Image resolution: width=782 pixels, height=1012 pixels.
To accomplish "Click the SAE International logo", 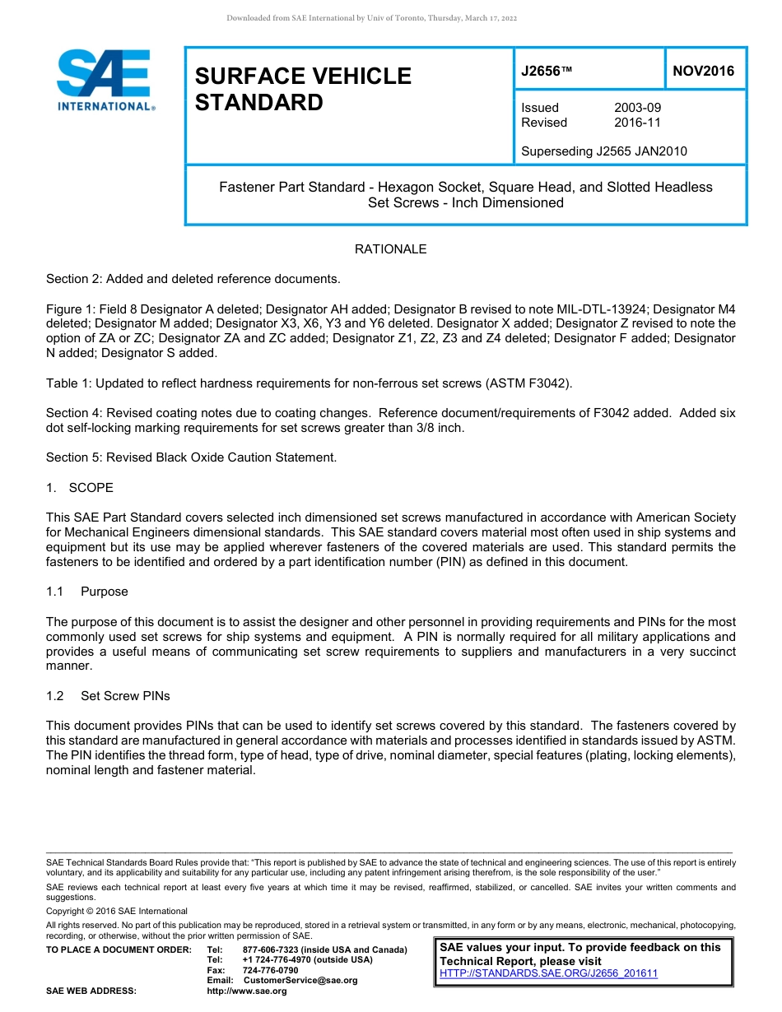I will pyautogui.click(x=105, y=80).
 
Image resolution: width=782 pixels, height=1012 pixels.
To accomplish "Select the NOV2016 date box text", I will pyautogui.click(x=703, y=72).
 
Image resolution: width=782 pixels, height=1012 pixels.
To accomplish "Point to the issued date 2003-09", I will pyautogui.click(x=637, y=108).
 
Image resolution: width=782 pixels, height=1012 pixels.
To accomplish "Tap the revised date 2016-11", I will pyautogui.click(x=637, y=123).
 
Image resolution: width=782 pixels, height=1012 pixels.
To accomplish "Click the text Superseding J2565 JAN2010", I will pyautogui.click(x=604, y=151).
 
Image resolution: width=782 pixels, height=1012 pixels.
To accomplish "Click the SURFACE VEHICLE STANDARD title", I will pyautogui.click(x=303, y=89).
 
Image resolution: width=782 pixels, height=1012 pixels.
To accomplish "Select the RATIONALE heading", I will pyautogui.click(x=390, y=249).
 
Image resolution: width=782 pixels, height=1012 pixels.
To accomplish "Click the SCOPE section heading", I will pyautogui.click(x=91, y=488).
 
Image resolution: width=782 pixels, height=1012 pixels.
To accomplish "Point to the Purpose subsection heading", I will pyautogui.click(x=105, y=592).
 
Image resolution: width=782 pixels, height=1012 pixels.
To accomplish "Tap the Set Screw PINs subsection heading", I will pyautogui.click(x=125, y=696).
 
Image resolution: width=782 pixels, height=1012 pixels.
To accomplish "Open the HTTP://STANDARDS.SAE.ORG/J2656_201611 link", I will pyautogui.click(x=549, y=973).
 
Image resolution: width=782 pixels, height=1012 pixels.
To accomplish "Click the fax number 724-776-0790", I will pyautogui.click(x=270, y=970).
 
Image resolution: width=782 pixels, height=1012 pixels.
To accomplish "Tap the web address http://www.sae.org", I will pyautogui.click(x=247, y=991).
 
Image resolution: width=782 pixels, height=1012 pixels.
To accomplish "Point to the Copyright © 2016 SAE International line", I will pyautogui.click(x=117, y=911).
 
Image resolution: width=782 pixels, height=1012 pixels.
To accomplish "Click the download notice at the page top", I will pyautogui.click(x=371, y=18).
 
